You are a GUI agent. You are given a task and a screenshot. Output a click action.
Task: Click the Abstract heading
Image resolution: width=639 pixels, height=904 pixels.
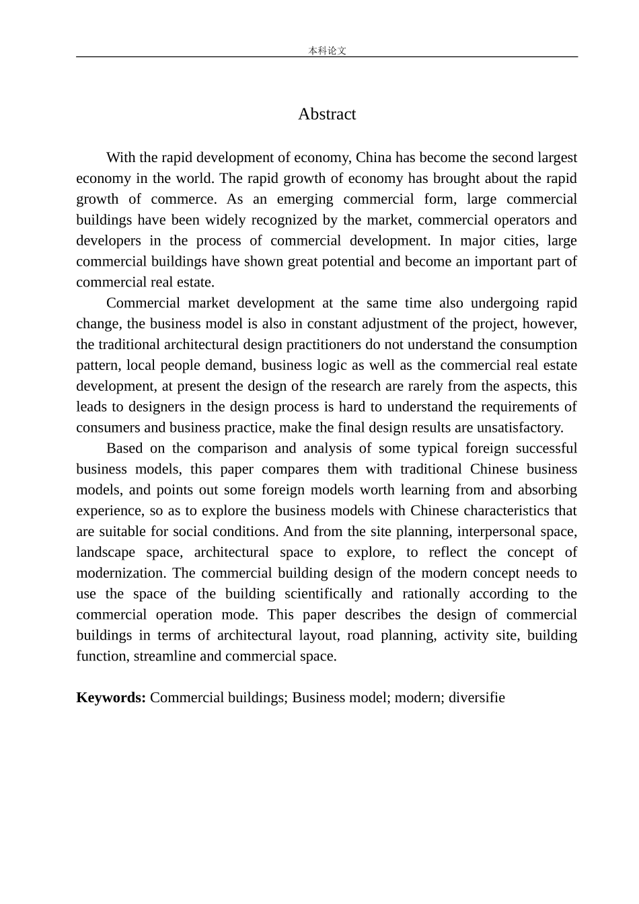pyautogui.click(x=327, y=114)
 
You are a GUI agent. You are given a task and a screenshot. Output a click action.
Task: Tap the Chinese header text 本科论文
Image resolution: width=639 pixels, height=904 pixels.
pyautogui.click(x=327, y=50)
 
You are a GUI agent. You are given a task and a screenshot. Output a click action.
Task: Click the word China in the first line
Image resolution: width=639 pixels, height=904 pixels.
pyautogui.click(x=373, y=158)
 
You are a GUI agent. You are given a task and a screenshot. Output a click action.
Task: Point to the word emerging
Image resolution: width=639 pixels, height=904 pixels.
pyautogui.click(x=305, y=200)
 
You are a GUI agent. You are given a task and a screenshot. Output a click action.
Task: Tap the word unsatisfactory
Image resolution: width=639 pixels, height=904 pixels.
pyautogui.click(x=520, y=428)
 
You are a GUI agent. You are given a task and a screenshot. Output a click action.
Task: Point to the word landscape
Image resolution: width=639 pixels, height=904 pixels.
pyautogui.click(x=106, y=553)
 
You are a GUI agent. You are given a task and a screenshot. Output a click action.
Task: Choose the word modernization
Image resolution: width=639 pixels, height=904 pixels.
pyautogui.click(x=121, y=574)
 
